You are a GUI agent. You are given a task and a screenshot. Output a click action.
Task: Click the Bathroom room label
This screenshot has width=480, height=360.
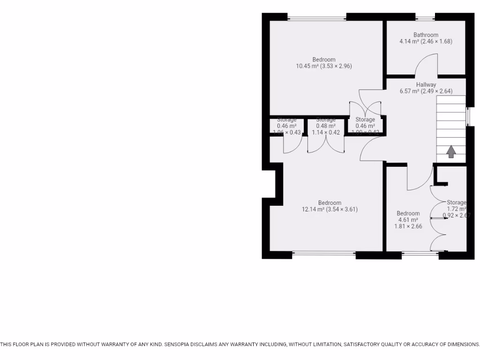(426, 35)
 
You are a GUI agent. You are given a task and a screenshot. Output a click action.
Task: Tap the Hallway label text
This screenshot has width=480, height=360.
(426, 85)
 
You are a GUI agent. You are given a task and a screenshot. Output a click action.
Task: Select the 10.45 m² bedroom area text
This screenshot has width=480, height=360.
(323, 66)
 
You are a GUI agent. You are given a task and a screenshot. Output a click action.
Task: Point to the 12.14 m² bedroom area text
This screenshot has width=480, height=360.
(330, 210)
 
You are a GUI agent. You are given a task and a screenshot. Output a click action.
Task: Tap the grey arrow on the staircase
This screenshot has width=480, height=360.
(451, 151)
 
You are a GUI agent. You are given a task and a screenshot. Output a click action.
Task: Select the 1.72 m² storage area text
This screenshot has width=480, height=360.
(456, 209)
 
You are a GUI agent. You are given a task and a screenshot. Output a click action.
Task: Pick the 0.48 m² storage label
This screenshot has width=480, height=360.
(326, 126)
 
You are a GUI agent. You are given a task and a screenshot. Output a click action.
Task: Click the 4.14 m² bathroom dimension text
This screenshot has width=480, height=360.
(426, 41)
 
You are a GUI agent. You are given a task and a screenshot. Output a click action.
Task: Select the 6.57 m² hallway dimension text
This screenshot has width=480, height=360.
(426, 91)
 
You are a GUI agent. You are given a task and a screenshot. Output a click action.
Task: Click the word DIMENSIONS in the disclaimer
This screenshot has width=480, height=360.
(461, 345)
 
